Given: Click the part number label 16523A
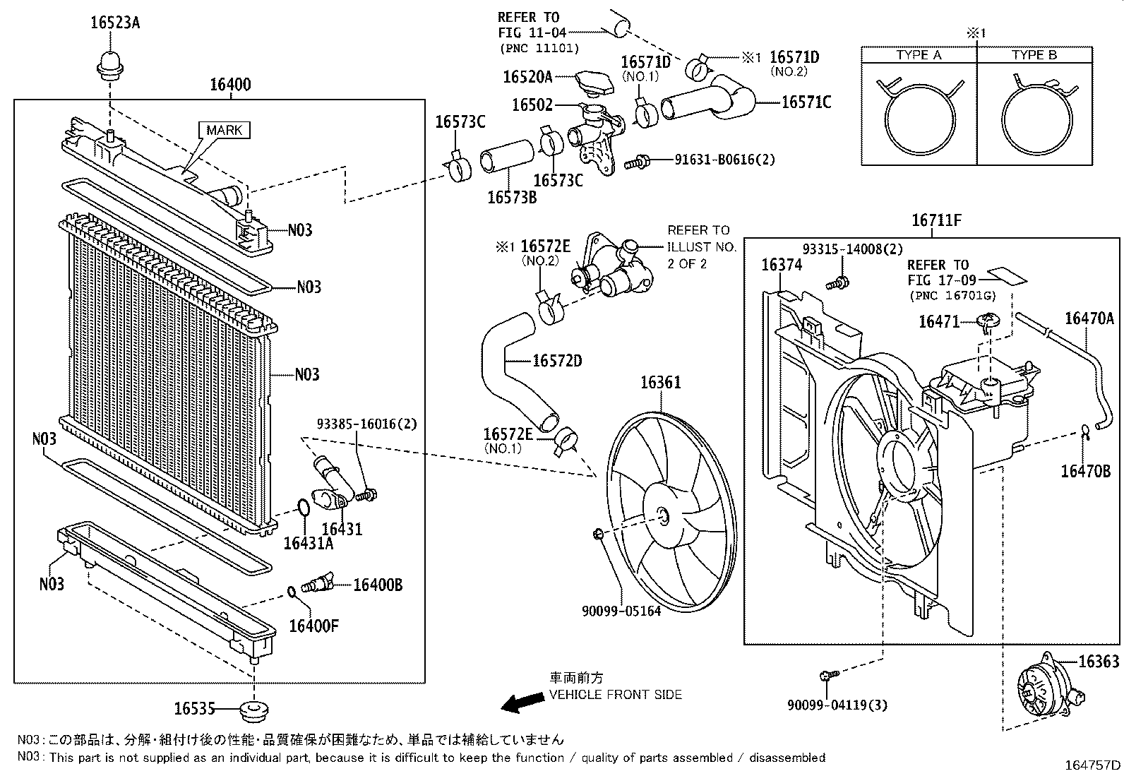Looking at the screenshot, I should pos(115,23).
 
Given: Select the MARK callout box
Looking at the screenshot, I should pos(225,130).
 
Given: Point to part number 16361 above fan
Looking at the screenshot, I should pos(660,383).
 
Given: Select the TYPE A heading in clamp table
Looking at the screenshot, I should pos(919,55).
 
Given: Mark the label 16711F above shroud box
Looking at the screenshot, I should pos(936,220).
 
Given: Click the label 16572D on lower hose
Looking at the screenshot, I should pos(556,361).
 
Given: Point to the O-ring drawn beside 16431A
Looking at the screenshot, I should pos(303,508).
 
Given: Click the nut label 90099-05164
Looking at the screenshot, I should pos(621,611).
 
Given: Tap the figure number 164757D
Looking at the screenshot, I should pos(1093,765).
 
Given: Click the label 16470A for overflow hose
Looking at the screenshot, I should pos(1088,318).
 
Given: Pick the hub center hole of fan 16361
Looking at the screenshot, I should pos(662,516).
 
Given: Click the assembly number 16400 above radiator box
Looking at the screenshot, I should pos(230,85).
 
